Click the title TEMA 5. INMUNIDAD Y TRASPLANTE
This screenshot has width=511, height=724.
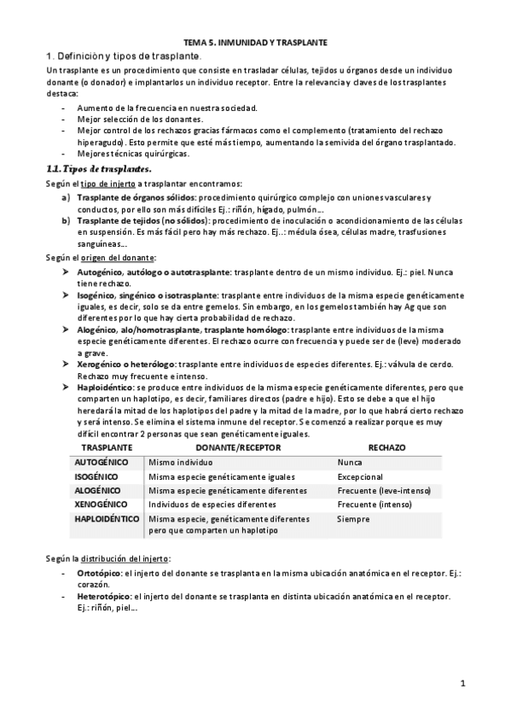pos(255,41)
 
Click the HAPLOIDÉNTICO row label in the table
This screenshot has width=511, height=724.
pos(107,519)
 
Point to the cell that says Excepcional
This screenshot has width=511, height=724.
pos(360,476)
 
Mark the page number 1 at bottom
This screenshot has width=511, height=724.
pos(462,683)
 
